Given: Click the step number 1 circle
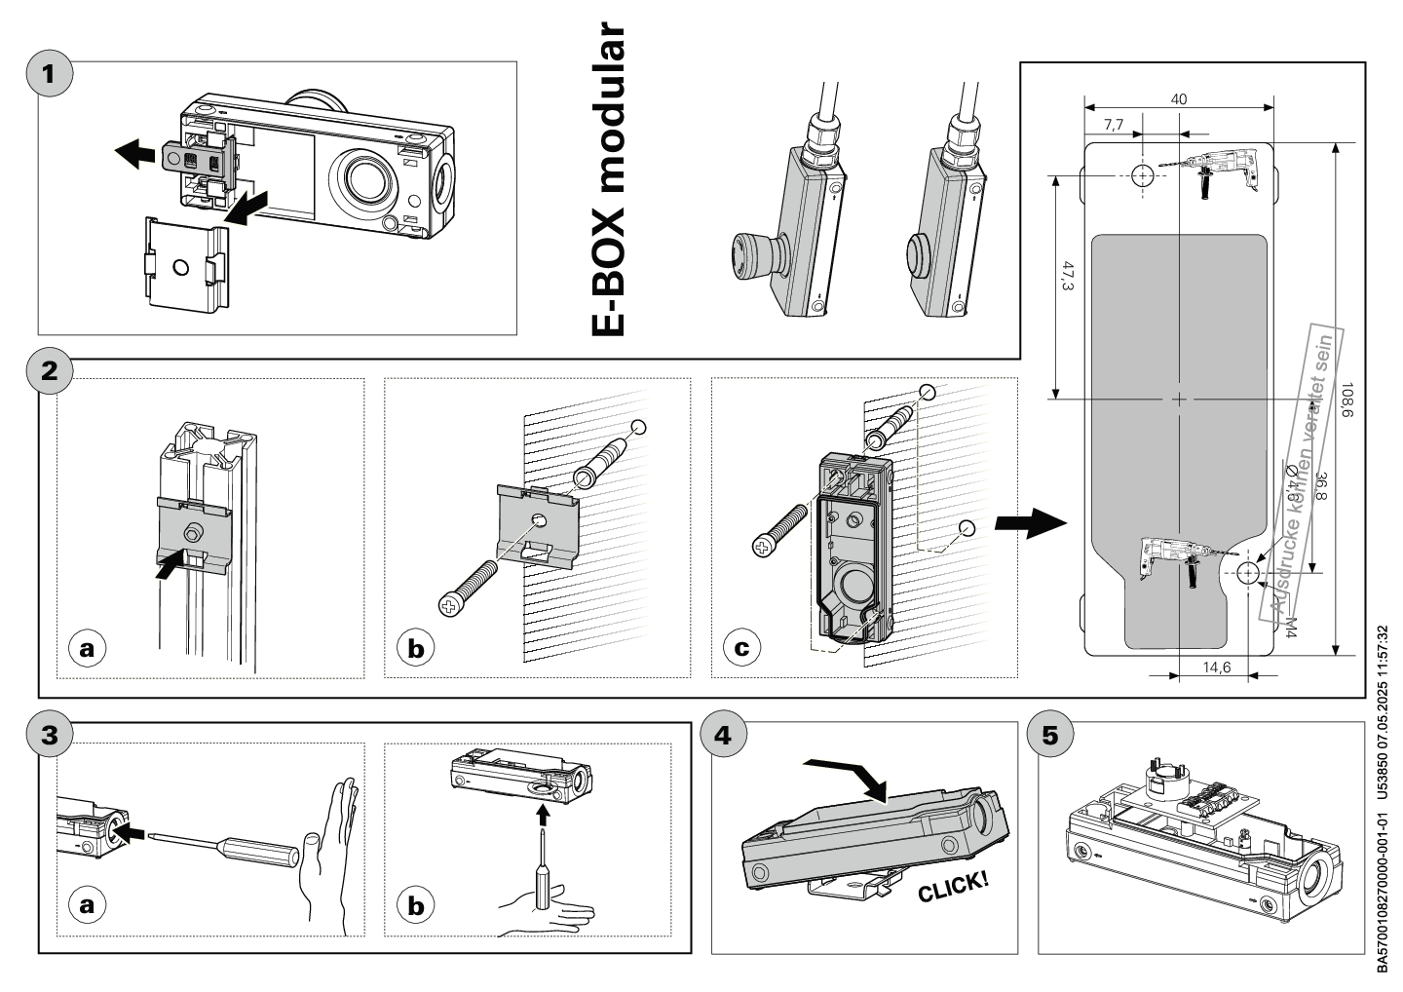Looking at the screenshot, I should tap(51, 74).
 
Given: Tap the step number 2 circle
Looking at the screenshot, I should tap(51, 371).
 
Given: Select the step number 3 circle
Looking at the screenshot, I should tap(51, 734).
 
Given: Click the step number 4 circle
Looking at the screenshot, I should tap(723, 734).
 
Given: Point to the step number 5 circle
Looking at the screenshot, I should tap(1049, 734).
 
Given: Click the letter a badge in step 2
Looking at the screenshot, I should tap(88, 648).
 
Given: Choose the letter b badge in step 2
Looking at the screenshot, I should tap(416, 648).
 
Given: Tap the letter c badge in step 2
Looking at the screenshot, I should tap(742, 648).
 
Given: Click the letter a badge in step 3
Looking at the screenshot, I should tap(88, 905).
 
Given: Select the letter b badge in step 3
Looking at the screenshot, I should tap(416, 905).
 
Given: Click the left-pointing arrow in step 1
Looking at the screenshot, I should tap(134, 153).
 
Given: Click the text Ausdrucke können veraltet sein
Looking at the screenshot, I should tap(1304, 473).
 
